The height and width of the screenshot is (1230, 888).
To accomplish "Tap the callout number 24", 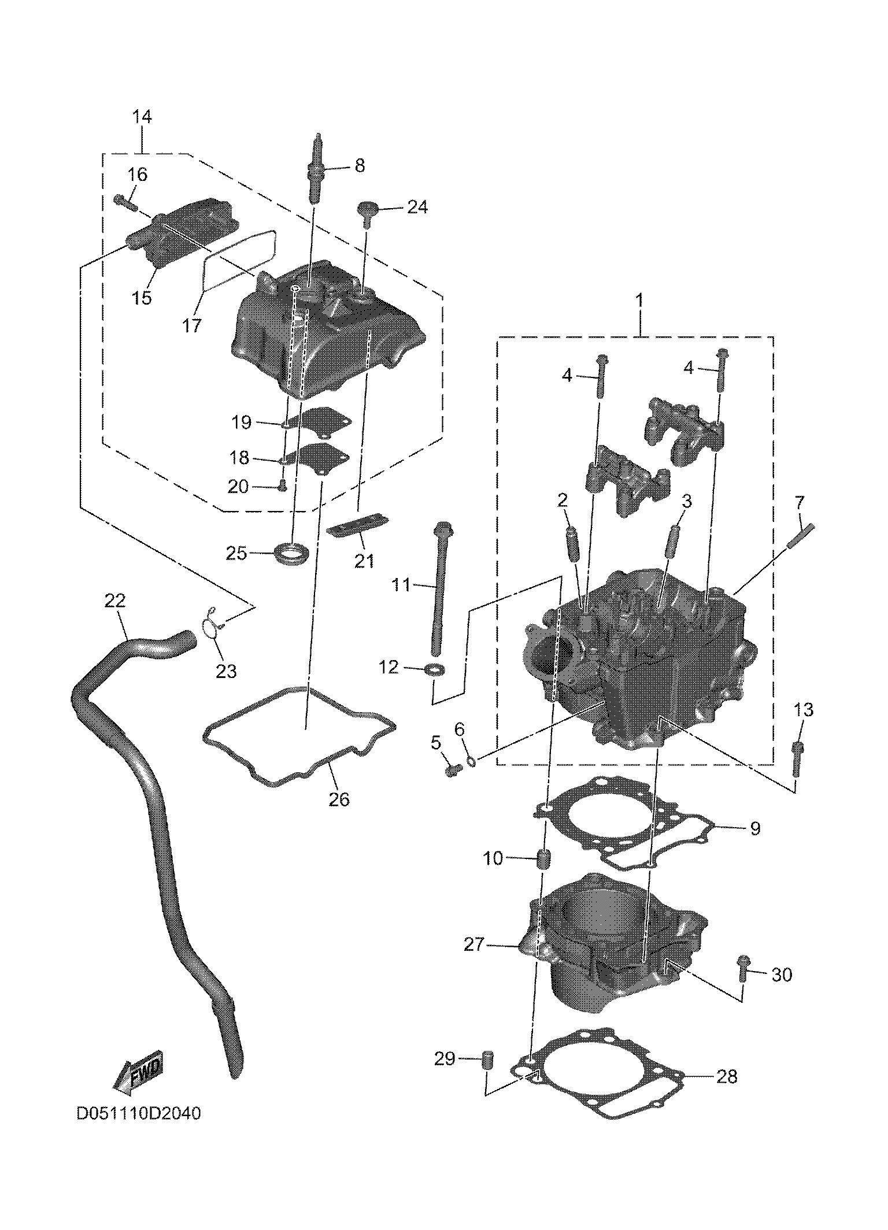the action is (x=417, y=208).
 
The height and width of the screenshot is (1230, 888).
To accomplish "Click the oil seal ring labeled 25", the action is (x=294, y=553).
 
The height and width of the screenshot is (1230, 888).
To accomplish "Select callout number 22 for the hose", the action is (x=115, y=601).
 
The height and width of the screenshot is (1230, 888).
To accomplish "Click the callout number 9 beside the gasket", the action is (x=754, y=828).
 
